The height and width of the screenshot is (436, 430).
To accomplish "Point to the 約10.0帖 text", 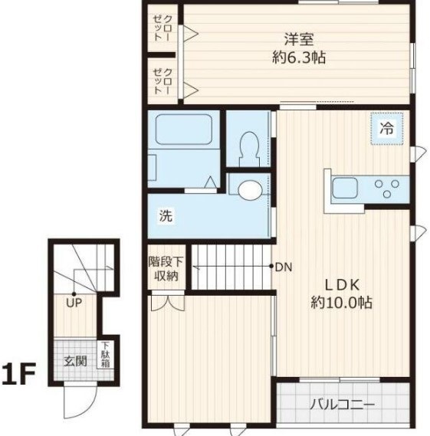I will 341,303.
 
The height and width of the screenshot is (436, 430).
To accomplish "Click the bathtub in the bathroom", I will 183,132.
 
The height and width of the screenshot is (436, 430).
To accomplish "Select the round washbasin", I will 249,189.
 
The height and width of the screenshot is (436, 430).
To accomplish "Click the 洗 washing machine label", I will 166,216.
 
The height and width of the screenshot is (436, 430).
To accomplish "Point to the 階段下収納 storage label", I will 165,268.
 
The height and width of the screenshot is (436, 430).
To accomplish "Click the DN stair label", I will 284,267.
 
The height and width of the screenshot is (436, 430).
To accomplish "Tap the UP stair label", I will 74,303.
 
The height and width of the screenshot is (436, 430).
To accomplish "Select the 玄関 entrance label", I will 75,361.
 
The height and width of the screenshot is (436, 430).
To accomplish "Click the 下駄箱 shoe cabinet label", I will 105,356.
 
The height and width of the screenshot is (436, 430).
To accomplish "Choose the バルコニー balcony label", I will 342,404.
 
